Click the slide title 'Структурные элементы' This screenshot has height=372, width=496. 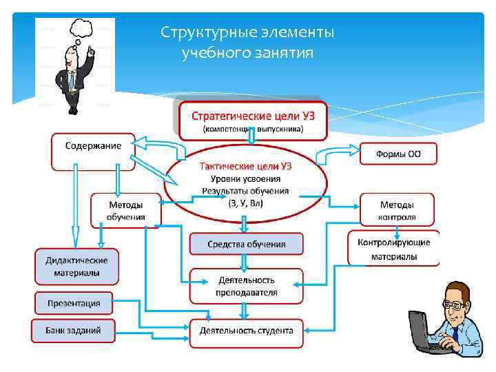pos(247,33)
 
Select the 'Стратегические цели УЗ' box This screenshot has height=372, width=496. pos(252,119)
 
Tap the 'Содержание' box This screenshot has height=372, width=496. pos(93,151)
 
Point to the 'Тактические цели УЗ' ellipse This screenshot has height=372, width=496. pos(245,183)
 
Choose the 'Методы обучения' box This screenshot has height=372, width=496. pos(126,210)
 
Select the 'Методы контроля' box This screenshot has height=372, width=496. pos(397,210)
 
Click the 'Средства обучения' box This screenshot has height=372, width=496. pos(247,244)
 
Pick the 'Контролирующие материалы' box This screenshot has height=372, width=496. pos(394,249)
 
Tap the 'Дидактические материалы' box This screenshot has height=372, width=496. pos(76,266)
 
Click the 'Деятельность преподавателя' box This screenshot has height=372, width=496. pos(247,286)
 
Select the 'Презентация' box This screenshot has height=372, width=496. pos(74,302)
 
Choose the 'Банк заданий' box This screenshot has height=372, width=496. pos(73,330)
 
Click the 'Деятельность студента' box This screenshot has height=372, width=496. pos(247,331)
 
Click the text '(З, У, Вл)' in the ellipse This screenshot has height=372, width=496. pos(245,203)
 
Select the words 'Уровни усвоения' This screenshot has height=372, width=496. pos(245,178)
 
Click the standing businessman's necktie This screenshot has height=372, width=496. pos(71,81)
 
